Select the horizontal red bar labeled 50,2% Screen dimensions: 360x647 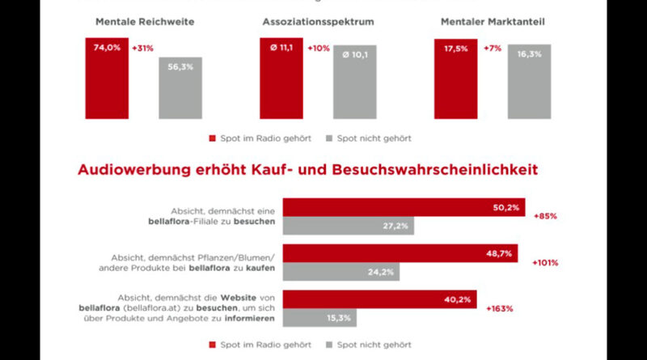(403, 208)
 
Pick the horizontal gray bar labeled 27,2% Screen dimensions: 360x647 (347, 227)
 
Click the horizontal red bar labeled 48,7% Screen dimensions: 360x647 (399, 253)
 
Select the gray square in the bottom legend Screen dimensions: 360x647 (330, 345)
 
